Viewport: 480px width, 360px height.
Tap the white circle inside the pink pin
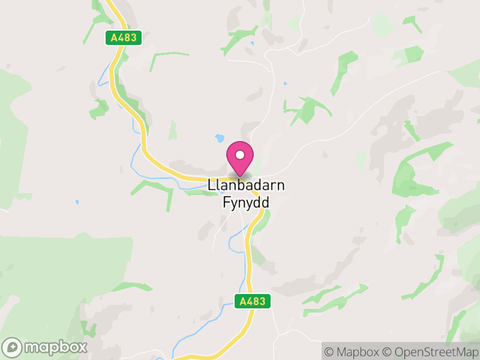pyautogui.click(x=240, y=155)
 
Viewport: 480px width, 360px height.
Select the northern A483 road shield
pyautogui.click(x=124, y=38)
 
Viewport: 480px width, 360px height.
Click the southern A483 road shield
pyautogui.click(x=252, y=301)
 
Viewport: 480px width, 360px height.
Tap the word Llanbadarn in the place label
pyautogui.click(x=246, y=185)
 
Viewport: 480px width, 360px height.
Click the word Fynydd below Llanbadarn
pyautogui.click(x=246, y=203)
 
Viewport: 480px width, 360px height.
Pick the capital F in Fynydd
pyautogui.click(x=226, y=202)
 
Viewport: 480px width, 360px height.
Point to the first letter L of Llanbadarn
pyautogui.click(x=211, y=185)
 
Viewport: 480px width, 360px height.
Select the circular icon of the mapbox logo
pyautogui.click(x=13, y=347)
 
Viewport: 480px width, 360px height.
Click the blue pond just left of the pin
pyautogui.click(x=220, y=139)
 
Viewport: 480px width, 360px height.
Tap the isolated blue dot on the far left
pyautogui.click(x=77, y=202)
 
